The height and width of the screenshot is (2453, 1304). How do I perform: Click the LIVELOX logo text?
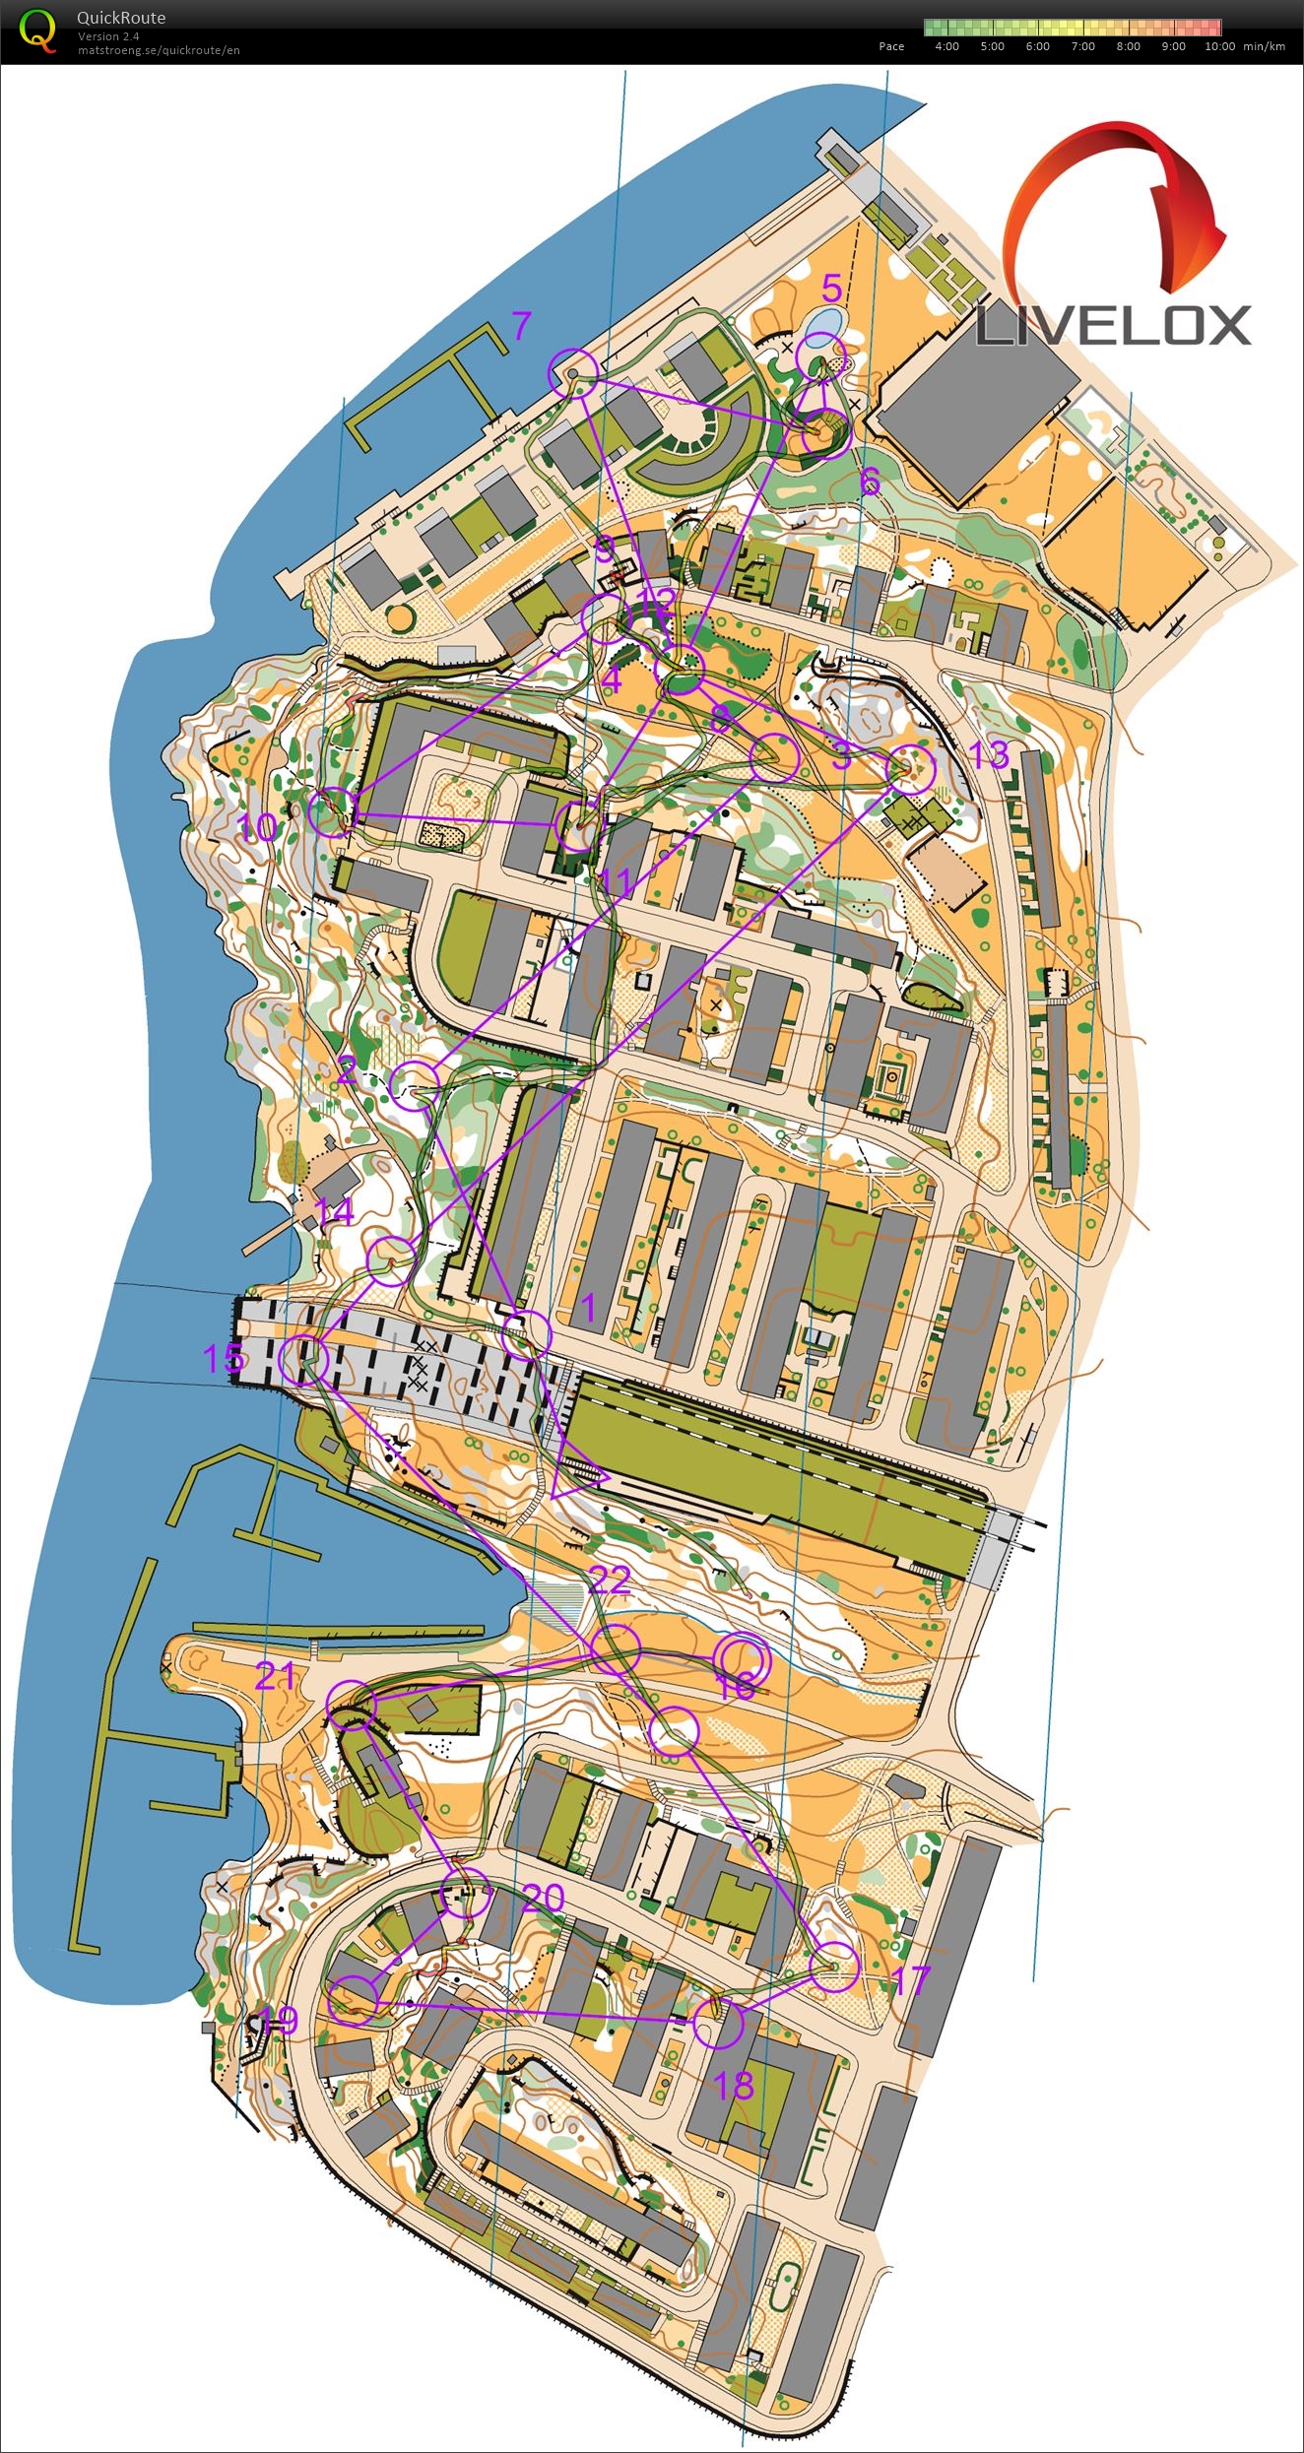click(x=1113, y=326)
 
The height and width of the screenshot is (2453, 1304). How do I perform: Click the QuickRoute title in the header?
click(x=121, y=18)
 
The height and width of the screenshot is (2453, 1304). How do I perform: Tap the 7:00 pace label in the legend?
click(x=1082, y=46)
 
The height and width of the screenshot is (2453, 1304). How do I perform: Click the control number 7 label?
click(x=521, y=324)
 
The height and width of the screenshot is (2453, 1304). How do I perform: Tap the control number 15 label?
click(x=223, y=1359)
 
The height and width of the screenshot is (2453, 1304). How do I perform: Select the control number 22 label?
click(x=609, y=1580)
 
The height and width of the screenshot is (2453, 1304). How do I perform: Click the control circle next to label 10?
click(x=332, y=811)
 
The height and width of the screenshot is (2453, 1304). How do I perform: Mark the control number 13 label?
click(x=988, y=755)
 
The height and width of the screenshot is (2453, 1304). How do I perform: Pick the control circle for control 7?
click(x=572, y=373)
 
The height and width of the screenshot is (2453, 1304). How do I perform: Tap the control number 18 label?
click(x=734, y=2086)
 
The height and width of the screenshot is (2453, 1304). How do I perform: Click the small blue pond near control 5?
click(x=820, y=323)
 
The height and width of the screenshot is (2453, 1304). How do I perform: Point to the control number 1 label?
click(x=589, y=1308)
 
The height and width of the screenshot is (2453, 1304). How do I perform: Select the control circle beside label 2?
click(x=415, y=1086)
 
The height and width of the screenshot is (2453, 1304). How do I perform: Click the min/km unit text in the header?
click(x=1264, y=46)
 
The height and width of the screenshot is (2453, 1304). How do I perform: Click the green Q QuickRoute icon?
click(x=37, y=32)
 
